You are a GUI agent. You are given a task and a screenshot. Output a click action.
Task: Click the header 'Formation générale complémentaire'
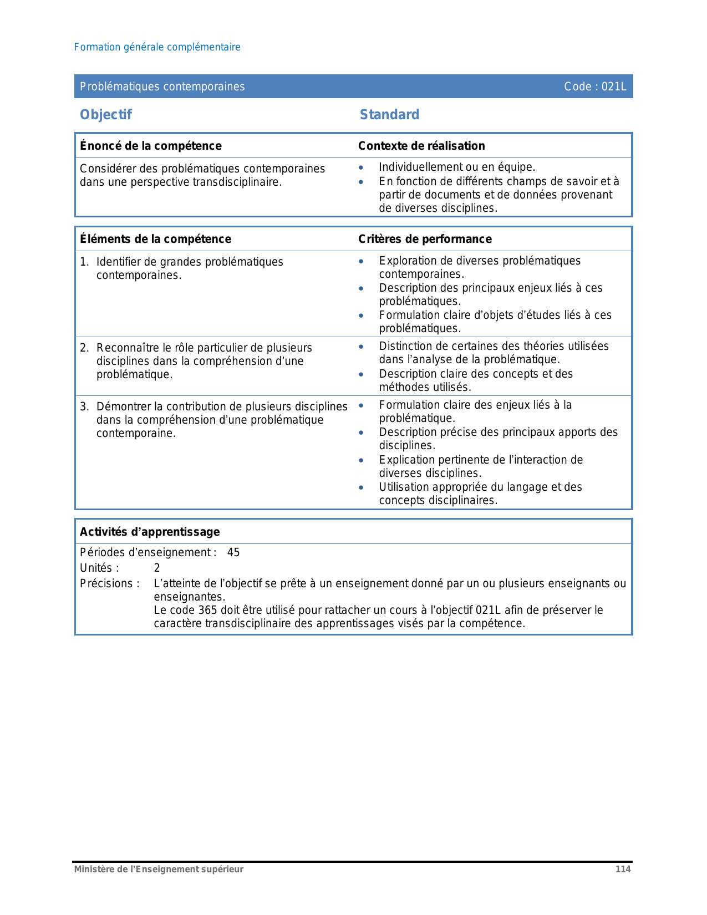157,47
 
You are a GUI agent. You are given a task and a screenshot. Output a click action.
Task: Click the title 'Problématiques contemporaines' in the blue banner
162,87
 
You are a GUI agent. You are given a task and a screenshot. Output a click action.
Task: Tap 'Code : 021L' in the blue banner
594,87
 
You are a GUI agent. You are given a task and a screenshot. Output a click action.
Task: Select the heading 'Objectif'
106,115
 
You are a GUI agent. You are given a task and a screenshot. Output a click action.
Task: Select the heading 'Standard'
389,115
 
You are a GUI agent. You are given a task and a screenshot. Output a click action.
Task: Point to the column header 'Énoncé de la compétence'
150,146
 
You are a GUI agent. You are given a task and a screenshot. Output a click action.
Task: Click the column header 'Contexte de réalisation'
421,146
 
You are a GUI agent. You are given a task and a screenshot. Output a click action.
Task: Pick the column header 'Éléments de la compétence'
155,239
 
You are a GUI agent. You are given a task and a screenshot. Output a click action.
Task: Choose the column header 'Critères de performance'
425,239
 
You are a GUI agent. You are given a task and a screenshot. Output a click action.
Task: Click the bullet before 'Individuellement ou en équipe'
361,167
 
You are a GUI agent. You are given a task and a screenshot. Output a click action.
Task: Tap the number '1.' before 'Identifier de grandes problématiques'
84,262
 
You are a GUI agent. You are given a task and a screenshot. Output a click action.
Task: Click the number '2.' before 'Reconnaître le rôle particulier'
84,348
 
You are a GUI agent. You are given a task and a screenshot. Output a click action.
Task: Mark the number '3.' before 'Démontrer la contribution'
84,406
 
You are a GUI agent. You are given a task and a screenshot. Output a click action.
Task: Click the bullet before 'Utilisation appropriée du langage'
361,487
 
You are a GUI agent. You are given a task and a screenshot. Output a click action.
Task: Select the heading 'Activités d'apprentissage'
150,532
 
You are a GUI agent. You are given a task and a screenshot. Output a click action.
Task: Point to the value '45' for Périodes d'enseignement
233,552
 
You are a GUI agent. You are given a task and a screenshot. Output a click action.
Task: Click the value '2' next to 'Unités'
157,568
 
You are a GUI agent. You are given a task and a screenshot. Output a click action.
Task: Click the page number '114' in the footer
623,869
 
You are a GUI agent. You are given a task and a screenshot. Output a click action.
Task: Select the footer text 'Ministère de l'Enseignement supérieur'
159,869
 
